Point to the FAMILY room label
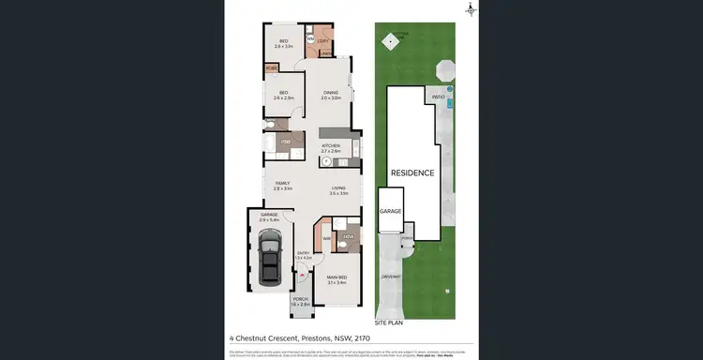pos(282,185)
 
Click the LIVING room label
pos(338,190)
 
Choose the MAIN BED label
pos(337,277)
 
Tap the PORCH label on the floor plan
pos(299,301)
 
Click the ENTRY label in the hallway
pos(303,253)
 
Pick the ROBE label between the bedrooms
pos(271,68)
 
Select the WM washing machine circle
pos(309,39)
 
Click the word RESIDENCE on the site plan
pos(412,173)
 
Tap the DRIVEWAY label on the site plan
pos(392,277)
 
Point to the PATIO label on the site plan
pos(438,97)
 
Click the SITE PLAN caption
pos(389,322)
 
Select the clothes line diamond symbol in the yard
pos(388,40)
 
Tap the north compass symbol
pos(471,9)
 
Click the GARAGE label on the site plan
pos(390,212)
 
